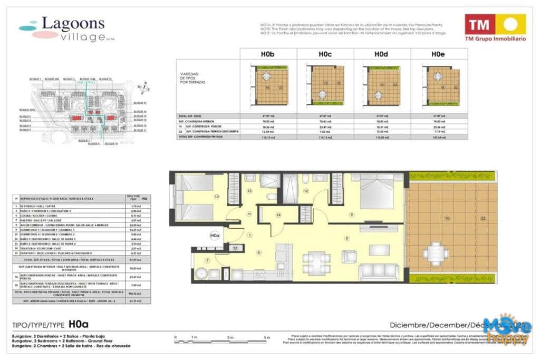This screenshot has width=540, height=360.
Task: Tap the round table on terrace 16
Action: [435, 253]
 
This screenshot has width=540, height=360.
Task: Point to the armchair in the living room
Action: [349, 257]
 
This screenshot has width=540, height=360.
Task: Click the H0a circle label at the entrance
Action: [214, 236]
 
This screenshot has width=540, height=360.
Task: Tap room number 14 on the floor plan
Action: [278, 215]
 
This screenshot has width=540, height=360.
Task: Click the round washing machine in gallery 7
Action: [201, 274]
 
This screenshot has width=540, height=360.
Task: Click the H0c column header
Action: [325, 54]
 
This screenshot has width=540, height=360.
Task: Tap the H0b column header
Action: [268, 54]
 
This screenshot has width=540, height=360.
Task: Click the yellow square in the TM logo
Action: [510, 24]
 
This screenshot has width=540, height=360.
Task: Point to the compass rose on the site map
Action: [141, 87]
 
